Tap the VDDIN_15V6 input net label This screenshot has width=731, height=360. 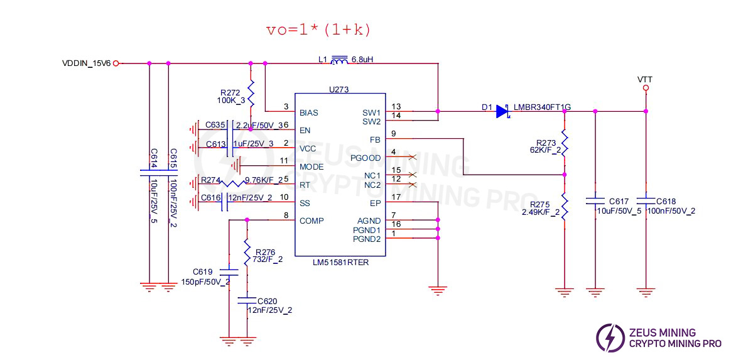point(86,63)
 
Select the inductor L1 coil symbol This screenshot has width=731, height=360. point(340,61)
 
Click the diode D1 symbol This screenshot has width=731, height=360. point(502,111)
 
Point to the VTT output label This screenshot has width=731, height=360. point(644,79)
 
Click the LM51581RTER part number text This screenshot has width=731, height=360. point(340,262)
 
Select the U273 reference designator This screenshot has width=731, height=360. point(339,90)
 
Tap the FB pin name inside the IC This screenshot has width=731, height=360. point(376,139)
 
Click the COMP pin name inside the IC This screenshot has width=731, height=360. point(312,220)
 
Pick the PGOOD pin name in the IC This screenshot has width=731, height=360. point(365,158)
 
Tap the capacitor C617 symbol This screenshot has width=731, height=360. point(595,201)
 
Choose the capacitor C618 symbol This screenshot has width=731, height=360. point(645,201)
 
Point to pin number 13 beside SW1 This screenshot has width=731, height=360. point(396,107)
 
